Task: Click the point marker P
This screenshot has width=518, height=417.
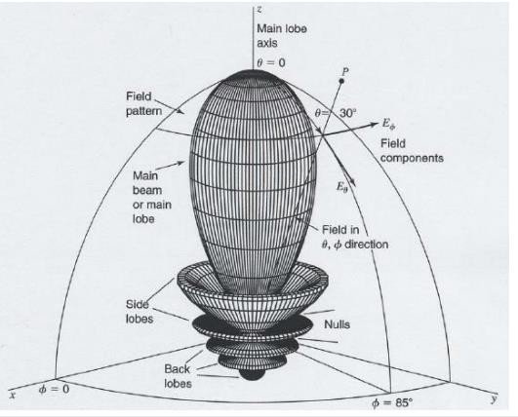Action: click(x=342, y=81)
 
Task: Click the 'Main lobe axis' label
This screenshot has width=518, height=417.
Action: click(x=282, y=36)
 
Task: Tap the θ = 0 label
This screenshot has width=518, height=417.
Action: click(x=271, y=62)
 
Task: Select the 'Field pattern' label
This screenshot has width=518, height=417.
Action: click(x=144, y=103)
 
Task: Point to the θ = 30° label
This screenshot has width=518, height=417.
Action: click(x=336, y=113)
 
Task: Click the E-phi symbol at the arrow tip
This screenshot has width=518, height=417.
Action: click(x=389, y=125)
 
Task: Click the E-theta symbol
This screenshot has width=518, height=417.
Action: click(x=342, y=187)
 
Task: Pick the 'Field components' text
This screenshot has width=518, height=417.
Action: click(x=412, y=150)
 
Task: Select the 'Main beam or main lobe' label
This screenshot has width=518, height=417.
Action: click(x=152, y=197)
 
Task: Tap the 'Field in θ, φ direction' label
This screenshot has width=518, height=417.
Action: click(x=355, y=237)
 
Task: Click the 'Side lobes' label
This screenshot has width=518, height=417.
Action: click(x=139, y=312)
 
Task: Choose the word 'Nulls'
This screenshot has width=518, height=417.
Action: click(x=337, y=324)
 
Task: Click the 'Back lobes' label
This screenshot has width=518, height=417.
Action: click(x=179, y=376)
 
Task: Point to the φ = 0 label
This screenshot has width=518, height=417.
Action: click(x=55, y=390)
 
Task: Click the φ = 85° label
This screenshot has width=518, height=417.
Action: click(x=392, y=402)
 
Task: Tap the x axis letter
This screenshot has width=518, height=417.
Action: click(x=13, y=395)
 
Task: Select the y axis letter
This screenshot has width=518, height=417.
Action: click(x=494, y=398)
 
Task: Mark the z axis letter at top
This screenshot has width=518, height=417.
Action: click(x=259, y=9)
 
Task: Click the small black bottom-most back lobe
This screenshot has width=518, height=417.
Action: click(x=252, y=374)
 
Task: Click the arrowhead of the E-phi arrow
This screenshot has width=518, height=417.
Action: click(x=374, y=125)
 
